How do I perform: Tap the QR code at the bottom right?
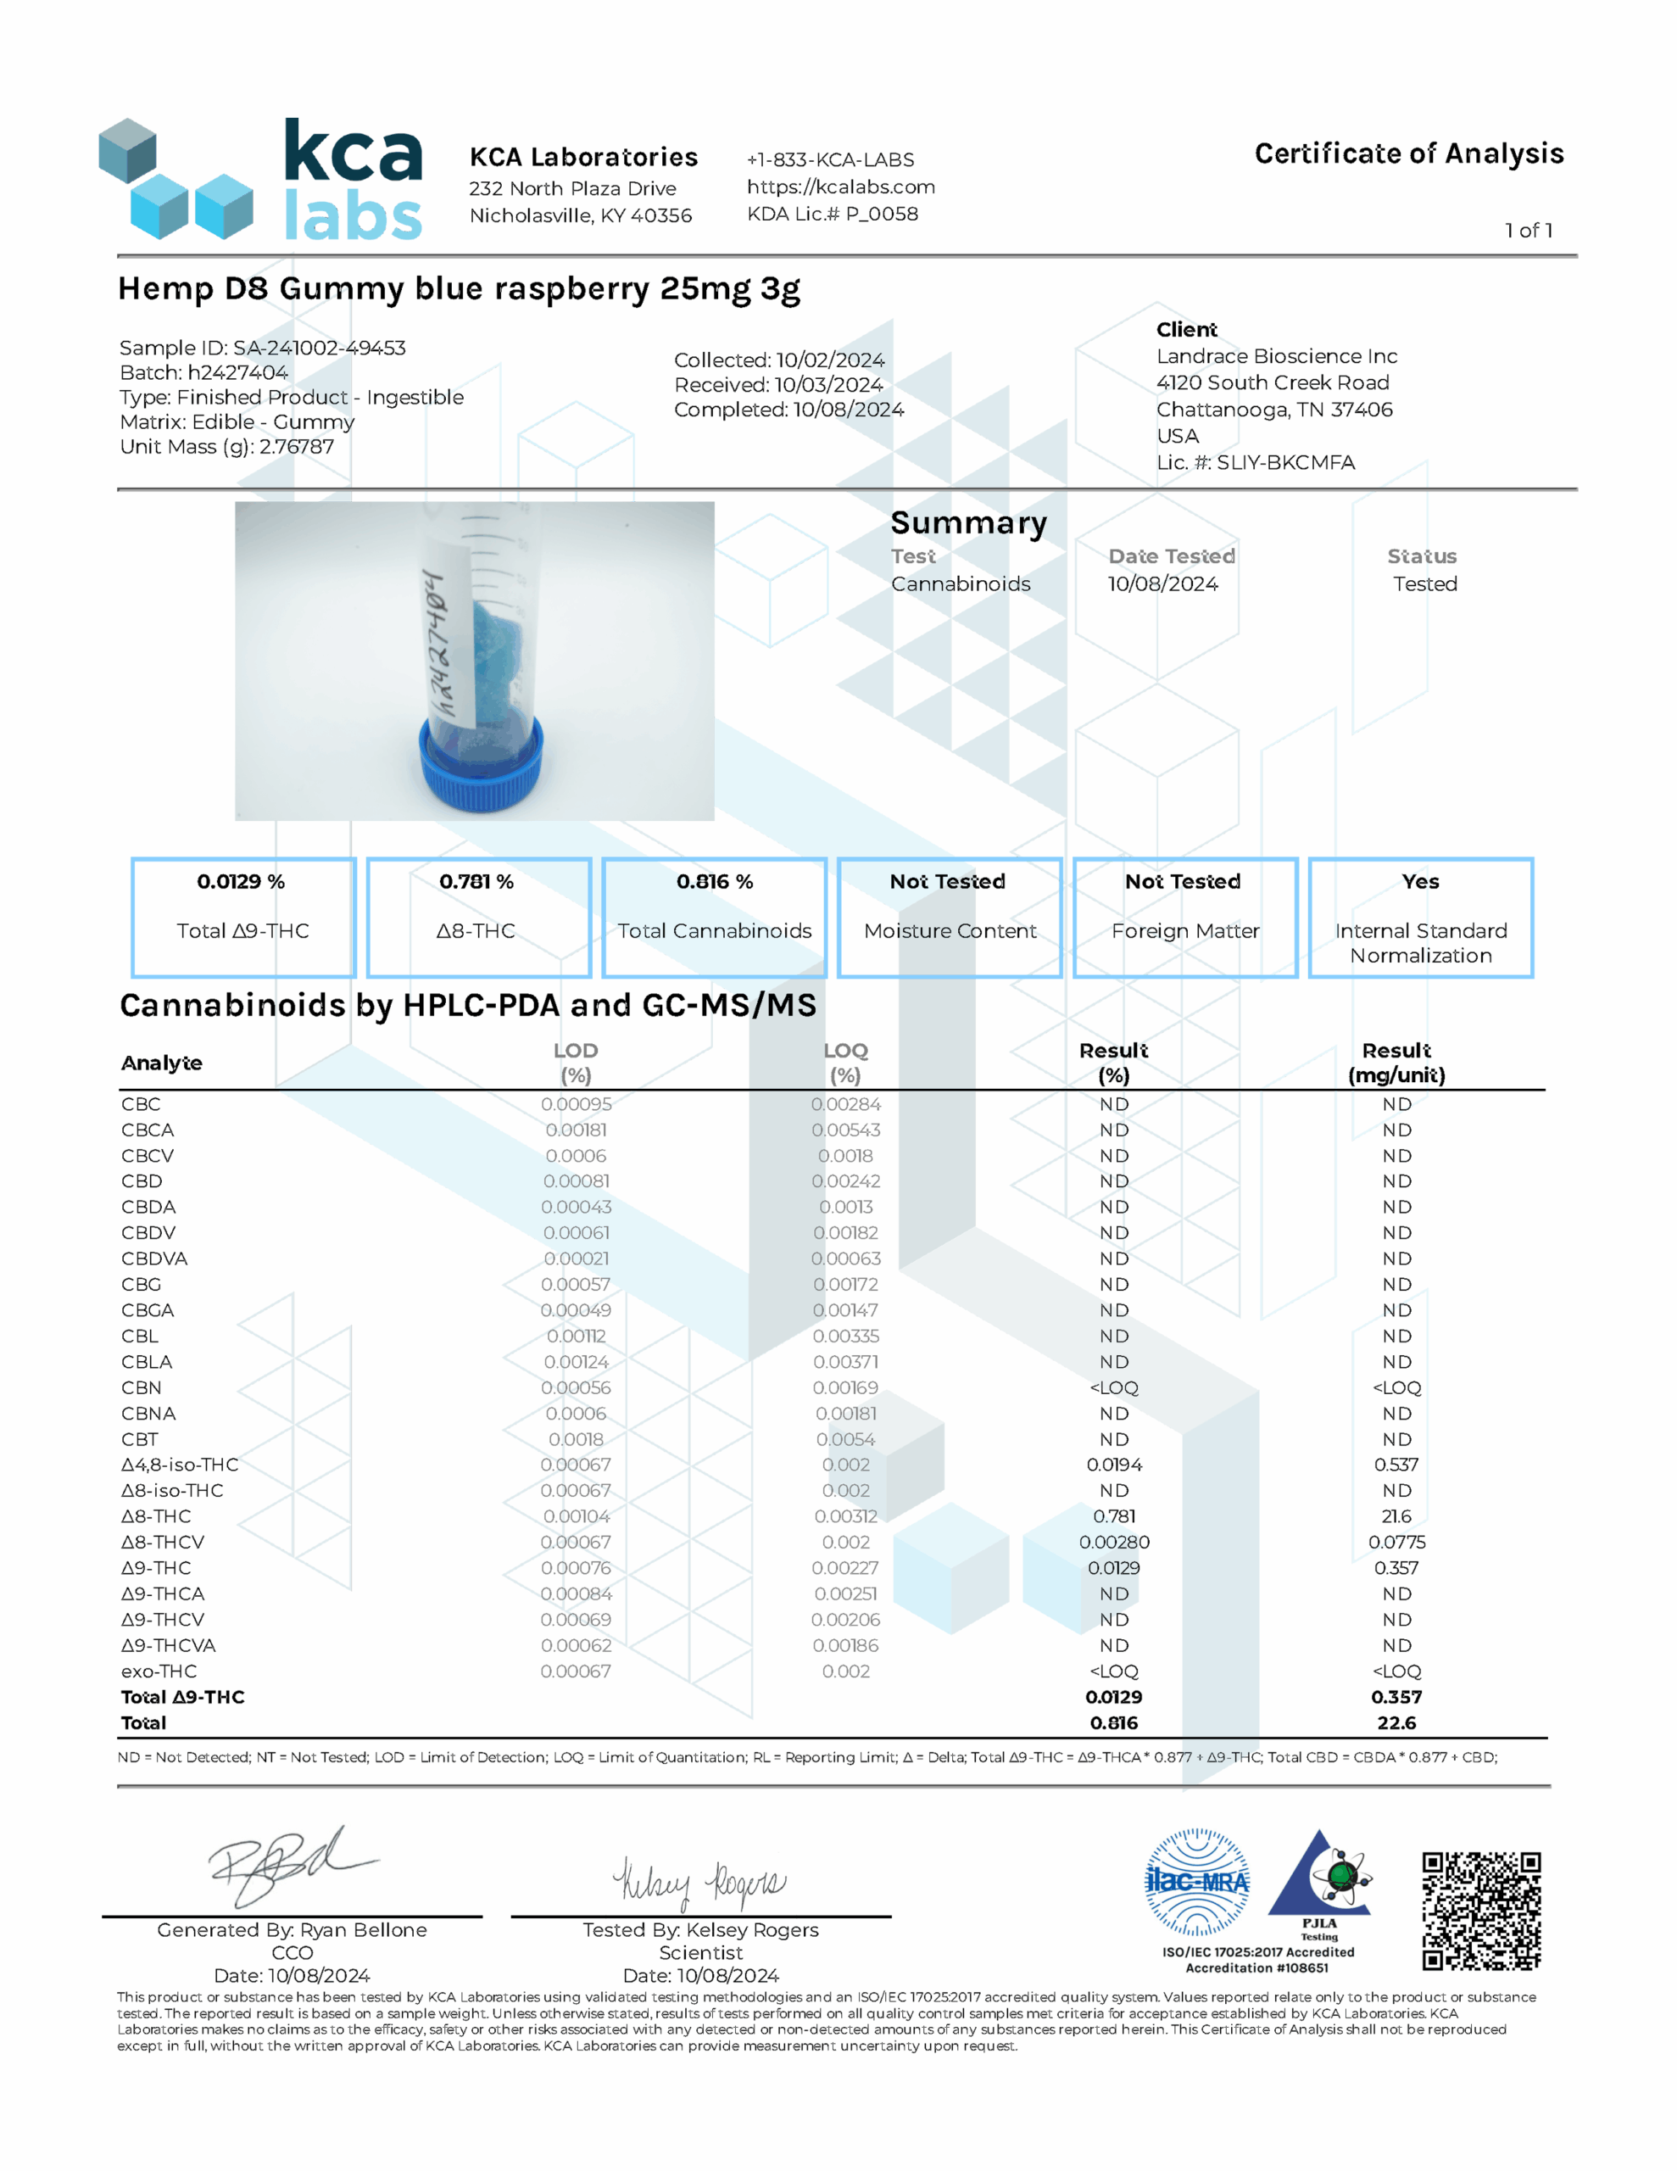click(1480, 1911)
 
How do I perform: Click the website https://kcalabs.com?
click(840, 187)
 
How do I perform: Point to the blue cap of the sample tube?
click(481, 767)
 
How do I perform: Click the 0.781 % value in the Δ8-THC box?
click(477, 882)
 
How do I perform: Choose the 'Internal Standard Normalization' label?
click(1420, 943)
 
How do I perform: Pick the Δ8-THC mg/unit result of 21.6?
click(1396, 1516)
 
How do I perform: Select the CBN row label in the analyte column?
click(141, 1387)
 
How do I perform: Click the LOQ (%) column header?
click(845, 1063)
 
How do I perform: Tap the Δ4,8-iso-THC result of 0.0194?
click(1113, 1465)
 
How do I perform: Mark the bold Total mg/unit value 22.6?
click(1396, 1722)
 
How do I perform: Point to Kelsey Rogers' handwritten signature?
click(699, 1881)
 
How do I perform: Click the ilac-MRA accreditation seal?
click(1197, 1882)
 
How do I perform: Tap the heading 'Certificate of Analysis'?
click(1408, 154)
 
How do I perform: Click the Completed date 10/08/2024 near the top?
click(848, 410)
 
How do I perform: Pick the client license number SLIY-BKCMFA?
click(1284, 462)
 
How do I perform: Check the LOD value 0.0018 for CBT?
click(576, 1439)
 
